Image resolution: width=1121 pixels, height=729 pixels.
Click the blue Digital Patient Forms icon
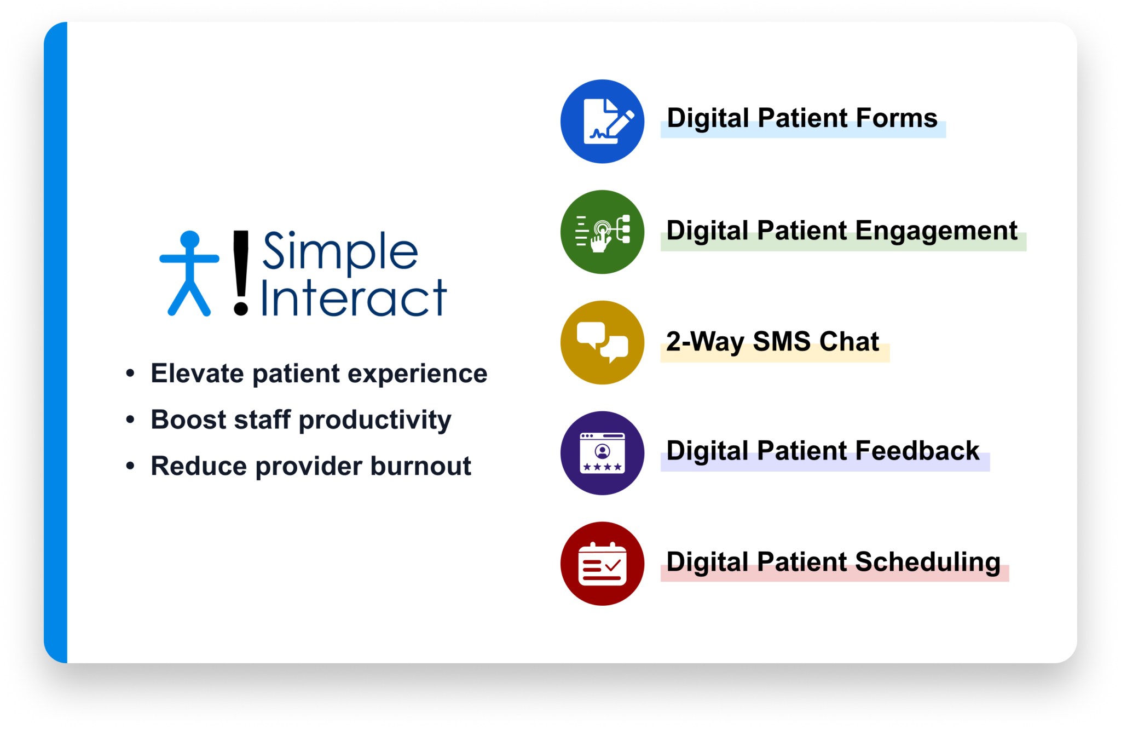[602, 121]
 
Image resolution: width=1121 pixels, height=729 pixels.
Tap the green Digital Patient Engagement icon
[602, 232]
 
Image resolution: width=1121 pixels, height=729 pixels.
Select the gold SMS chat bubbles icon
[602, 342]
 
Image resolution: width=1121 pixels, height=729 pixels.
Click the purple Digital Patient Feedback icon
[602, 453]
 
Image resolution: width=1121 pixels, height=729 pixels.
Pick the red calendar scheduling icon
[602, 564]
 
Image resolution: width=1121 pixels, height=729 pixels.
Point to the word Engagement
[936, 231]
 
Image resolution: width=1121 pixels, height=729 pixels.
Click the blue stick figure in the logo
[189, 274]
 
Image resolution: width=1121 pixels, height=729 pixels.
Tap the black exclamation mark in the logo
[241, 272]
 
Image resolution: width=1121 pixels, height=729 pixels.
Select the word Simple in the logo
[340, 251]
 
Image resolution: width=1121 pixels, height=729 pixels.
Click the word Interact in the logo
[354, 299]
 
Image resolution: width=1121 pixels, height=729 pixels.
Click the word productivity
[375, 421]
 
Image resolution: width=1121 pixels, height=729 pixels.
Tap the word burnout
[420, 466]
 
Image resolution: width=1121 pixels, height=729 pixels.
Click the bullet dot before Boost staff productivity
[130, 420]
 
